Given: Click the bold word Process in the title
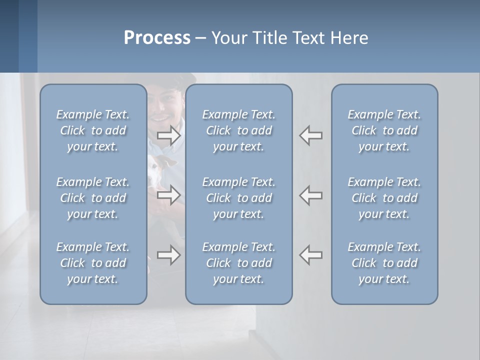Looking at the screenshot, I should (x=157, y=38).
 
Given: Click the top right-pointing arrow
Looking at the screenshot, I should (x=169, y=135).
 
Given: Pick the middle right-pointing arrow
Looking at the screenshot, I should (x=169, y=195).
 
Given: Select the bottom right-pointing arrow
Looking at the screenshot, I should (x=169, y=255).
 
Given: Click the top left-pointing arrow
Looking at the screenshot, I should (x=310, y=135).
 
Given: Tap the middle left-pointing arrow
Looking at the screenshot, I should (x=310, y=195).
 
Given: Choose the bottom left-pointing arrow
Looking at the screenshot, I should (x=310, y=255).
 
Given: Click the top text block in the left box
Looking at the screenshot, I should (x=93, y=130).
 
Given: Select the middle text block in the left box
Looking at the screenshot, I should (x=93, y=198).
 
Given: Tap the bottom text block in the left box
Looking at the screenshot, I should (x=93, y=263).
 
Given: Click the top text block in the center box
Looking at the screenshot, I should (x=238, y=130).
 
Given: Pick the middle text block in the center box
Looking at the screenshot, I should (x=238, y=198).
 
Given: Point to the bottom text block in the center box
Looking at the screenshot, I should (x=238, y=263).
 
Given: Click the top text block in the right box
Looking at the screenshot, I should (x=384, y=130).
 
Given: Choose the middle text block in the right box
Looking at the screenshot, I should (x=384, y=198).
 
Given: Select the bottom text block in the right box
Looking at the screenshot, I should (x=384, y=263).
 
